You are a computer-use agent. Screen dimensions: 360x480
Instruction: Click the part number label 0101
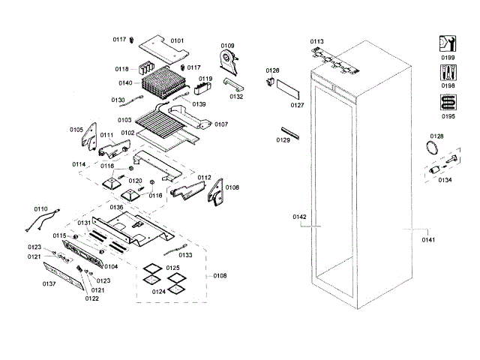[176, 40]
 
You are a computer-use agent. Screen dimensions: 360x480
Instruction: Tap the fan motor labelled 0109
[225, 59]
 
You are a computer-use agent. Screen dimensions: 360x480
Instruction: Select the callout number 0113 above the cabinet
[316, 42]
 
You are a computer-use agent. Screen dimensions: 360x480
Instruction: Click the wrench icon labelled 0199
[448, 43]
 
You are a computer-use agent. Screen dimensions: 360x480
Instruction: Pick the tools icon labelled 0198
[448, 73]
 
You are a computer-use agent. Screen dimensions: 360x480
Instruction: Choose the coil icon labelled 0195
[448, 102]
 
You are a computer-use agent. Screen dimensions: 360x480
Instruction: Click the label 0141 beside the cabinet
[428, 240]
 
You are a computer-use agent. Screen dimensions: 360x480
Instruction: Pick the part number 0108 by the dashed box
[220, 276]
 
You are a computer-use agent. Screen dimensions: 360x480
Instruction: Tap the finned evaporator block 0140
[163, 82]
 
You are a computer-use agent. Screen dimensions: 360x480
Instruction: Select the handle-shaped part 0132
[233, 83]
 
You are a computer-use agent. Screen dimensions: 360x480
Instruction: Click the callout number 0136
[116, 207]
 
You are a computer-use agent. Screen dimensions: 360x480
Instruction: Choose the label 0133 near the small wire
[184, 256]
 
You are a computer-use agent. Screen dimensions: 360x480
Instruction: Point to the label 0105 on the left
[76, 130]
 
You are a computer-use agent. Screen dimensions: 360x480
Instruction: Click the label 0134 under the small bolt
[445, 180]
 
